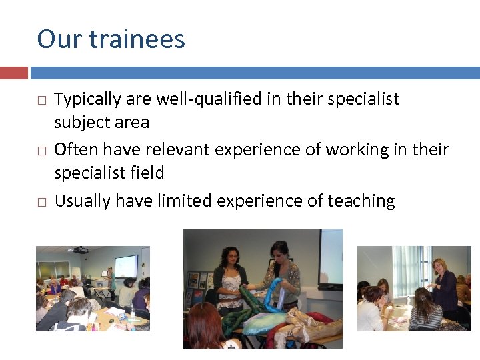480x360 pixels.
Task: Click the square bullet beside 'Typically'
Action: tap(41, 100)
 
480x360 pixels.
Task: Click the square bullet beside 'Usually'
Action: tap(41, 201)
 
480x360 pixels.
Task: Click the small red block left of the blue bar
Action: tap(14, 72)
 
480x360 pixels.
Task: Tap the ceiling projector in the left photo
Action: tap(80, 250)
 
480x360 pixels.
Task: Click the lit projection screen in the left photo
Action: tap(126, 265)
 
